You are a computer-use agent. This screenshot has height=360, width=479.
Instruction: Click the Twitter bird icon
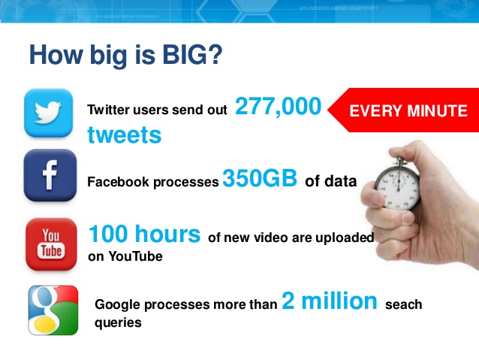[x=48, y=113]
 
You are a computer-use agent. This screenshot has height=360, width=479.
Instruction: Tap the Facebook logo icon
[x=50, y=175]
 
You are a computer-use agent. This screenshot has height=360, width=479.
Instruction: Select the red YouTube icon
[x=51, y=244]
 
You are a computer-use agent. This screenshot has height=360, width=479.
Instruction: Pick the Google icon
[x=53, y=310]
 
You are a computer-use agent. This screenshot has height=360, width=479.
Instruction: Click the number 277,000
[x=279, y=107]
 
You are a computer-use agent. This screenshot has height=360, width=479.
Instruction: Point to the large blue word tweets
[x=125, y=135]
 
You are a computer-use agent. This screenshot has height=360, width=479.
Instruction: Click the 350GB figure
[x=260, y=177]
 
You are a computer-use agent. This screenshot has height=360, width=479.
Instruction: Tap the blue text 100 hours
[x=144, y=234]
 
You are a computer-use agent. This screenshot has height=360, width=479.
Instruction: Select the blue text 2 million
[x=330, y=301]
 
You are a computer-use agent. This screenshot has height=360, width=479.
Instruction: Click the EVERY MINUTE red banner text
[x=408, y=110]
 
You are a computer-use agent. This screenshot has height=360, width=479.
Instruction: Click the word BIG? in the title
[x=192, y=55]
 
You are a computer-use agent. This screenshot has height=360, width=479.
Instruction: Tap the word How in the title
[x=56, y=55]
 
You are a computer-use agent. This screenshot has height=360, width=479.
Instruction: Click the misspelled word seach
[x=403, y=304]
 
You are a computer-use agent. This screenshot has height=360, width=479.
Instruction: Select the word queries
[x=118, y=323]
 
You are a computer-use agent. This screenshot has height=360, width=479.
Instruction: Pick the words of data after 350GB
[x=331, y=181]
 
